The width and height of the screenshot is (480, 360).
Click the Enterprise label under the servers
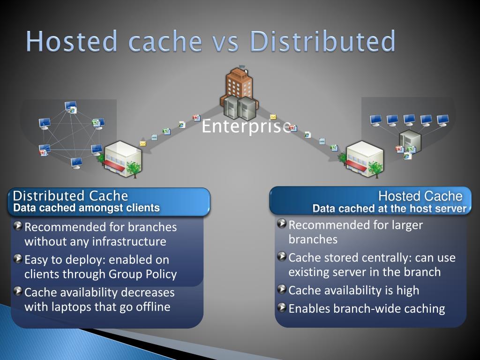click(x=247, y=127)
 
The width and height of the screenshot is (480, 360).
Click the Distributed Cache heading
click(x=70, y=196)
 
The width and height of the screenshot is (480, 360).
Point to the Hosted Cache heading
click(x=420, y=196)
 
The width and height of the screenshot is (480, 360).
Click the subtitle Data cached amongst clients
click(x=87, y=208)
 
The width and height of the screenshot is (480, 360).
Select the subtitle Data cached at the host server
click(x=390, y=209)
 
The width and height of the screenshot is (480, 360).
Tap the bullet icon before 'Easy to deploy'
click(x=18, y=259)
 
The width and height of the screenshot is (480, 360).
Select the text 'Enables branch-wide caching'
click(x=367, y=308)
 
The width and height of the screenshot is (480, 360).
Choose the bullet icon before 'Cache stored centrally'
click(x=282, y=256)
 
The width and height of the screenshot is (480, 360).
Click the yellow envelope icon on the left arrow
click(x=143, y=143)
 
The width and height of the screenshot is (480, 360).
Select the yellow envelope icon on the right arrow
click(x=273, y=117)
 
